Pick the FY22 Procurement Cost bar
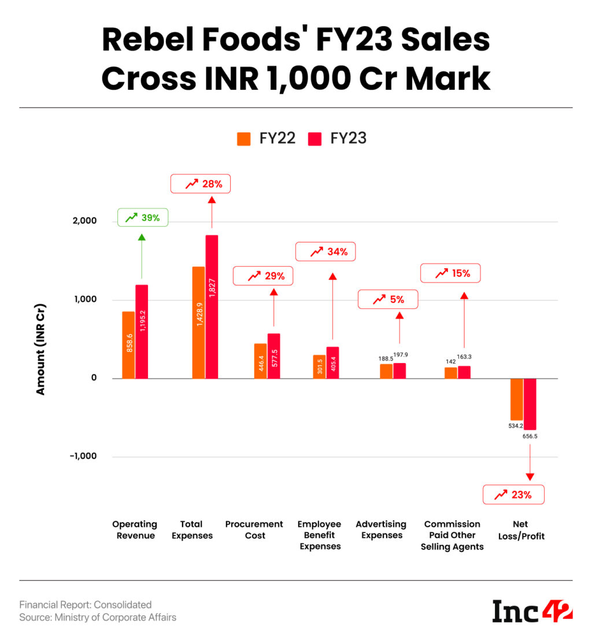tap(260, 361)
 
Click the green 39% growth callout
tap(143, 217)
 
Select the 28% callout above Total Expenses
tap(201, 183)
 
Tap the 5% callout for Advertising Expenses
tap(388, 299)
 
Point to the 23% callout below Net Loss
tap(513, 494)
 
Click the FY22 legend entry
tap(266, 138)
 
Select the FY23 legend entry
tap(337, 138)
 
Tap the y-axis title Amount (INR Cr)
tap(40, 350)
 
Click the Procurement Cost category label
tap(254, 530)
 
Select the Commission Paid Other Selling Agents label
tap(452, 535)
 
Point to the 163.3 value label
tap(464, 357)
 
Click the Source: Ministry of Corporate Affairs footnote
tap(98, 617)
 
